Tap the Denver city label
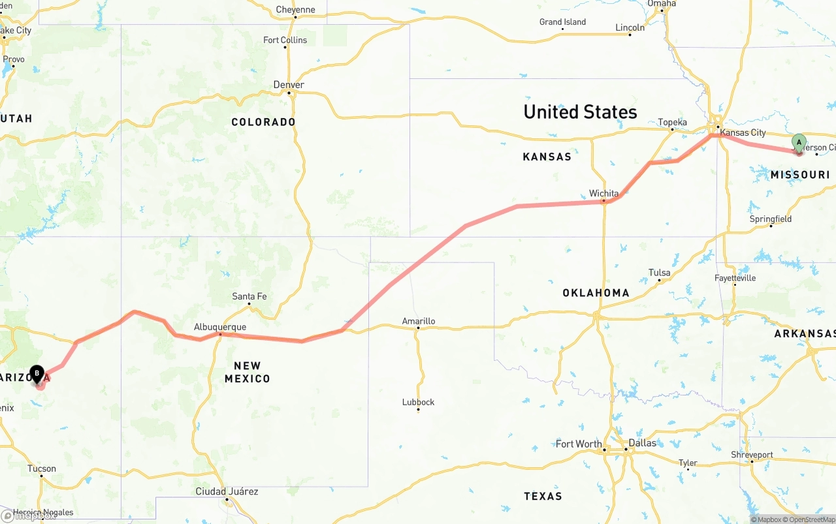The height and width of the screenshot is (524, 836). point(289,85)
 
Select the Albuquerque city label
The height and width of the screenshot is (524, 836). point(220,327)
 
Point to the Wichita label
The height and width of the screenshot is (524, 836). point(603,193)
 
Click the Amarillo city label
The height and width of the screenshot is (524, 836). point(419,321)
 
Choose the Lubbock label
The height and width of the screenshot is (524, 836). point(418,402)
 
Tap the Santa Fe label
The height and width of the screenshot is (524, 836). point(249,296)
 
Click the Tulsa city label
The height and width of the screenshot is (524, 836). point(659,273)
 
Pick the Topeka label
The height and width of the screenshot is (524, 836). point(672,122)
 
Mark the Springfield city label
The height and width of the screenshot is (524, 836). point(771,219)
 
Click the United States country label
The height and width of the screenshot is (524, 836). point(580,112)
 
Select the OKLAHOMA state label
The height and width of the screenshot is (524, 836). point(596,293)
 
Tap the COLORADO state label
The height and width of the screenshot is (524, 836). point(263,122)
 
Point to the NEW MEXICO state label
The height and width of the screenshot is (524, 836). point(247,372)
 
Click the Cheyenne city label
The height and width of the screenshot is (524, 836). point(295,10)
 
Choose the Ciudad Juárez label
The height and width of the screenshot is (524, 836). point(227,491)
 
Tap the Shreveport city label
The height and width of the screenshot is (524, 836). point(752,455)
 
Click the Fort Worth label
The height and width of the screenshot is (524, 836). point(579,444)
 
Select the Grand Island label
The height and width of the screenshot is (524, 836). point(562,22)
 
